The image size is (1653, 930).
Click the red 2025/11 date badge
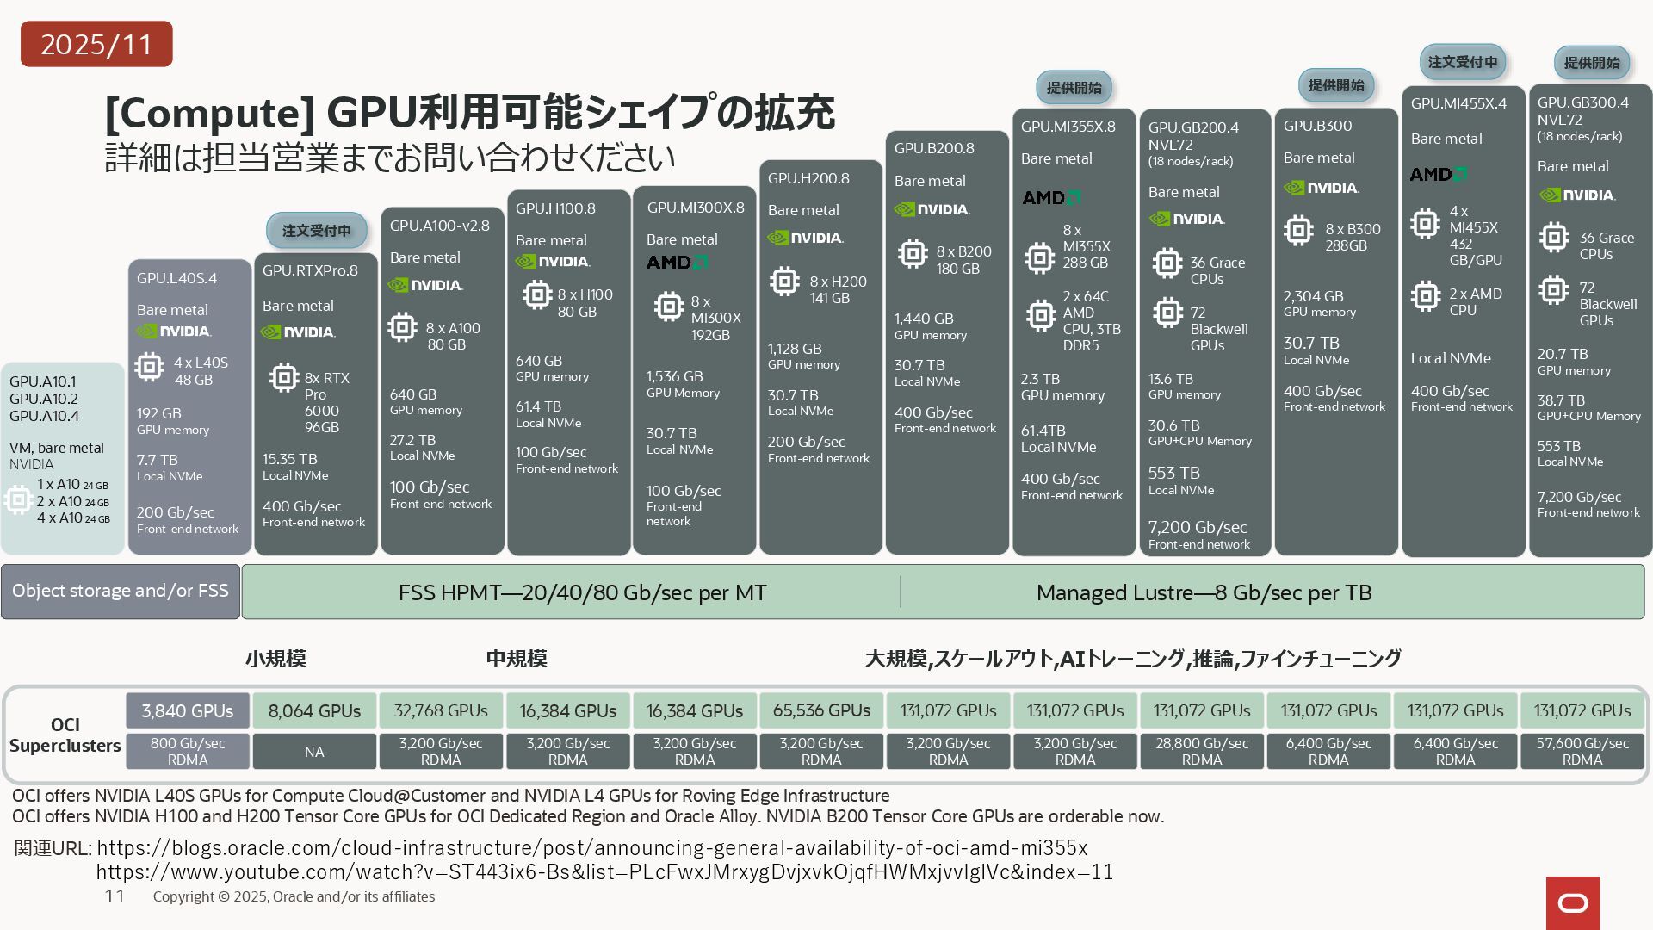96,44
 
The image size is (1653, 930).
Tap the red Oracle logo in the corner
1573,902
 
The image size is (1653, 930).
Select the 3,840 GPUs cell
188,711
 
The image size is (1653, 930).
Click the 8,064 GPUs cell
314,711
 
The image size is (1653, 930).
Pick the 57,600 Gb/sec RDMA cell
1582,751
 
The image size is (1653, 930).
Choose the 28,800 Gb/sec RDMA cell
1202,751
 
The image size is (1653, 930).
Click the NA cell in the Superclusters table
314,752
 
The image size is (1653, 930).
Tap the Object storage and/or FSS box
121,592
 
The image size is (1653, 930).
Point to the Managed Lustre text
1204,592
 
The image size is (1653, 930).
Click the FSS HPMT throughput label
582,592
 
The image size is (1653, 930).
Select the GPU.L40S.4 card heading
176,278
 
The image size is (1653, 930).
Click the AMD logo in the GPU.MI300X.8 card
677,262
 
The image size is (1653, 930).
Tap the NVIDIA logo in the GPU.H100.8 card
552,262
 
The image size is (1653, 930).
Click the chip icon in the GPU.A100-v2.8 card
402,327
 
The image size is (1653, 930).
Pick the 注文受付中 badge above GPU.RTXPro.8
317,231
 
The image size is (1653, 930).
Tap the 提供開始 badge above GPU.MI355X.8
1074,88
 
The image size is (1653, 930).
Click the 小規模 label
275,659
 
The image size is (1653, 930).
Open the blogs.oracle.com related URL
592,847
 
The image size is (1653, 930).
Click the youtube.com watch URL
604,872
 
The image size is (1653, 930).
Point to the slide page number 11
115,896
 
